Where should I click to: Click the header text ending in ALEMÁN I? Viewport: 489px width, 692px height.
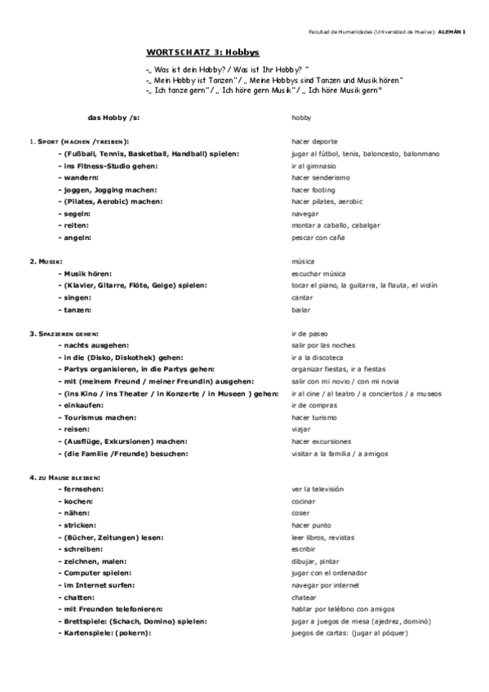[384, 31]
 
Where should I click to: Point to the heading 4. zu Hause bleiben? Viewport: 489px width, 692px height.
[64, 476]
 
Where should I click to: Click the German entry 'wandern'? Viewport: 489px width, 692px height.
[78, 177]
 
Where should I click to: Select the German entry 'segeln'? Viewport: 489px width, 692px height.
[76, 213]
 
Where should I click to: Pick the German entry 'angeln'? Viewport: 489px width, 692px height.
[76, 237]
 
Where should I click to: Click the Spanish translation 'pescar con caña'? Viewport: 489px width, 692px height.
[318, 237]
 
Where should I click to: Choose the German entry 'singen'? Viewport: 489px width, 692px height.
[75, 298]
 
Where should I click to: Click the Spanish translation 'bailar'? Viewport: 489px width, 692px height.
[300, 310]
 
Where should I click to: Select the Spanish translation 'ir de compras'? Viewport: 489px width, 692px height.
[312, 405]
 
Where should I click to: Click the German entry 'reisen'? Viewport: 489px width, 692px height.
[75, 428]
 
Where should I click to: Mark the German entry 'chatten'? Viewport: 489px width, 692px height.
[78, 597]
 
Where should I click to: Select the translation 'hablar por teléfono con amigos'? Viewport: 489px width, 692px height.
[343, 609]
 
